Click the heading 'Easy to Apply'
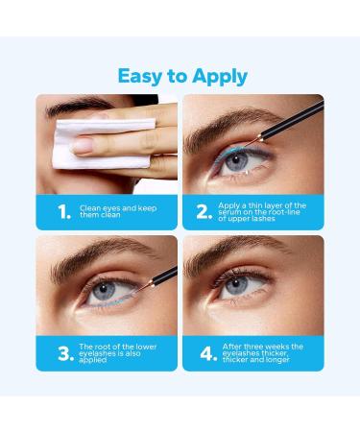click(180, 75)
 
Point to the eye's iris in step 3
click(95, 291)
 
